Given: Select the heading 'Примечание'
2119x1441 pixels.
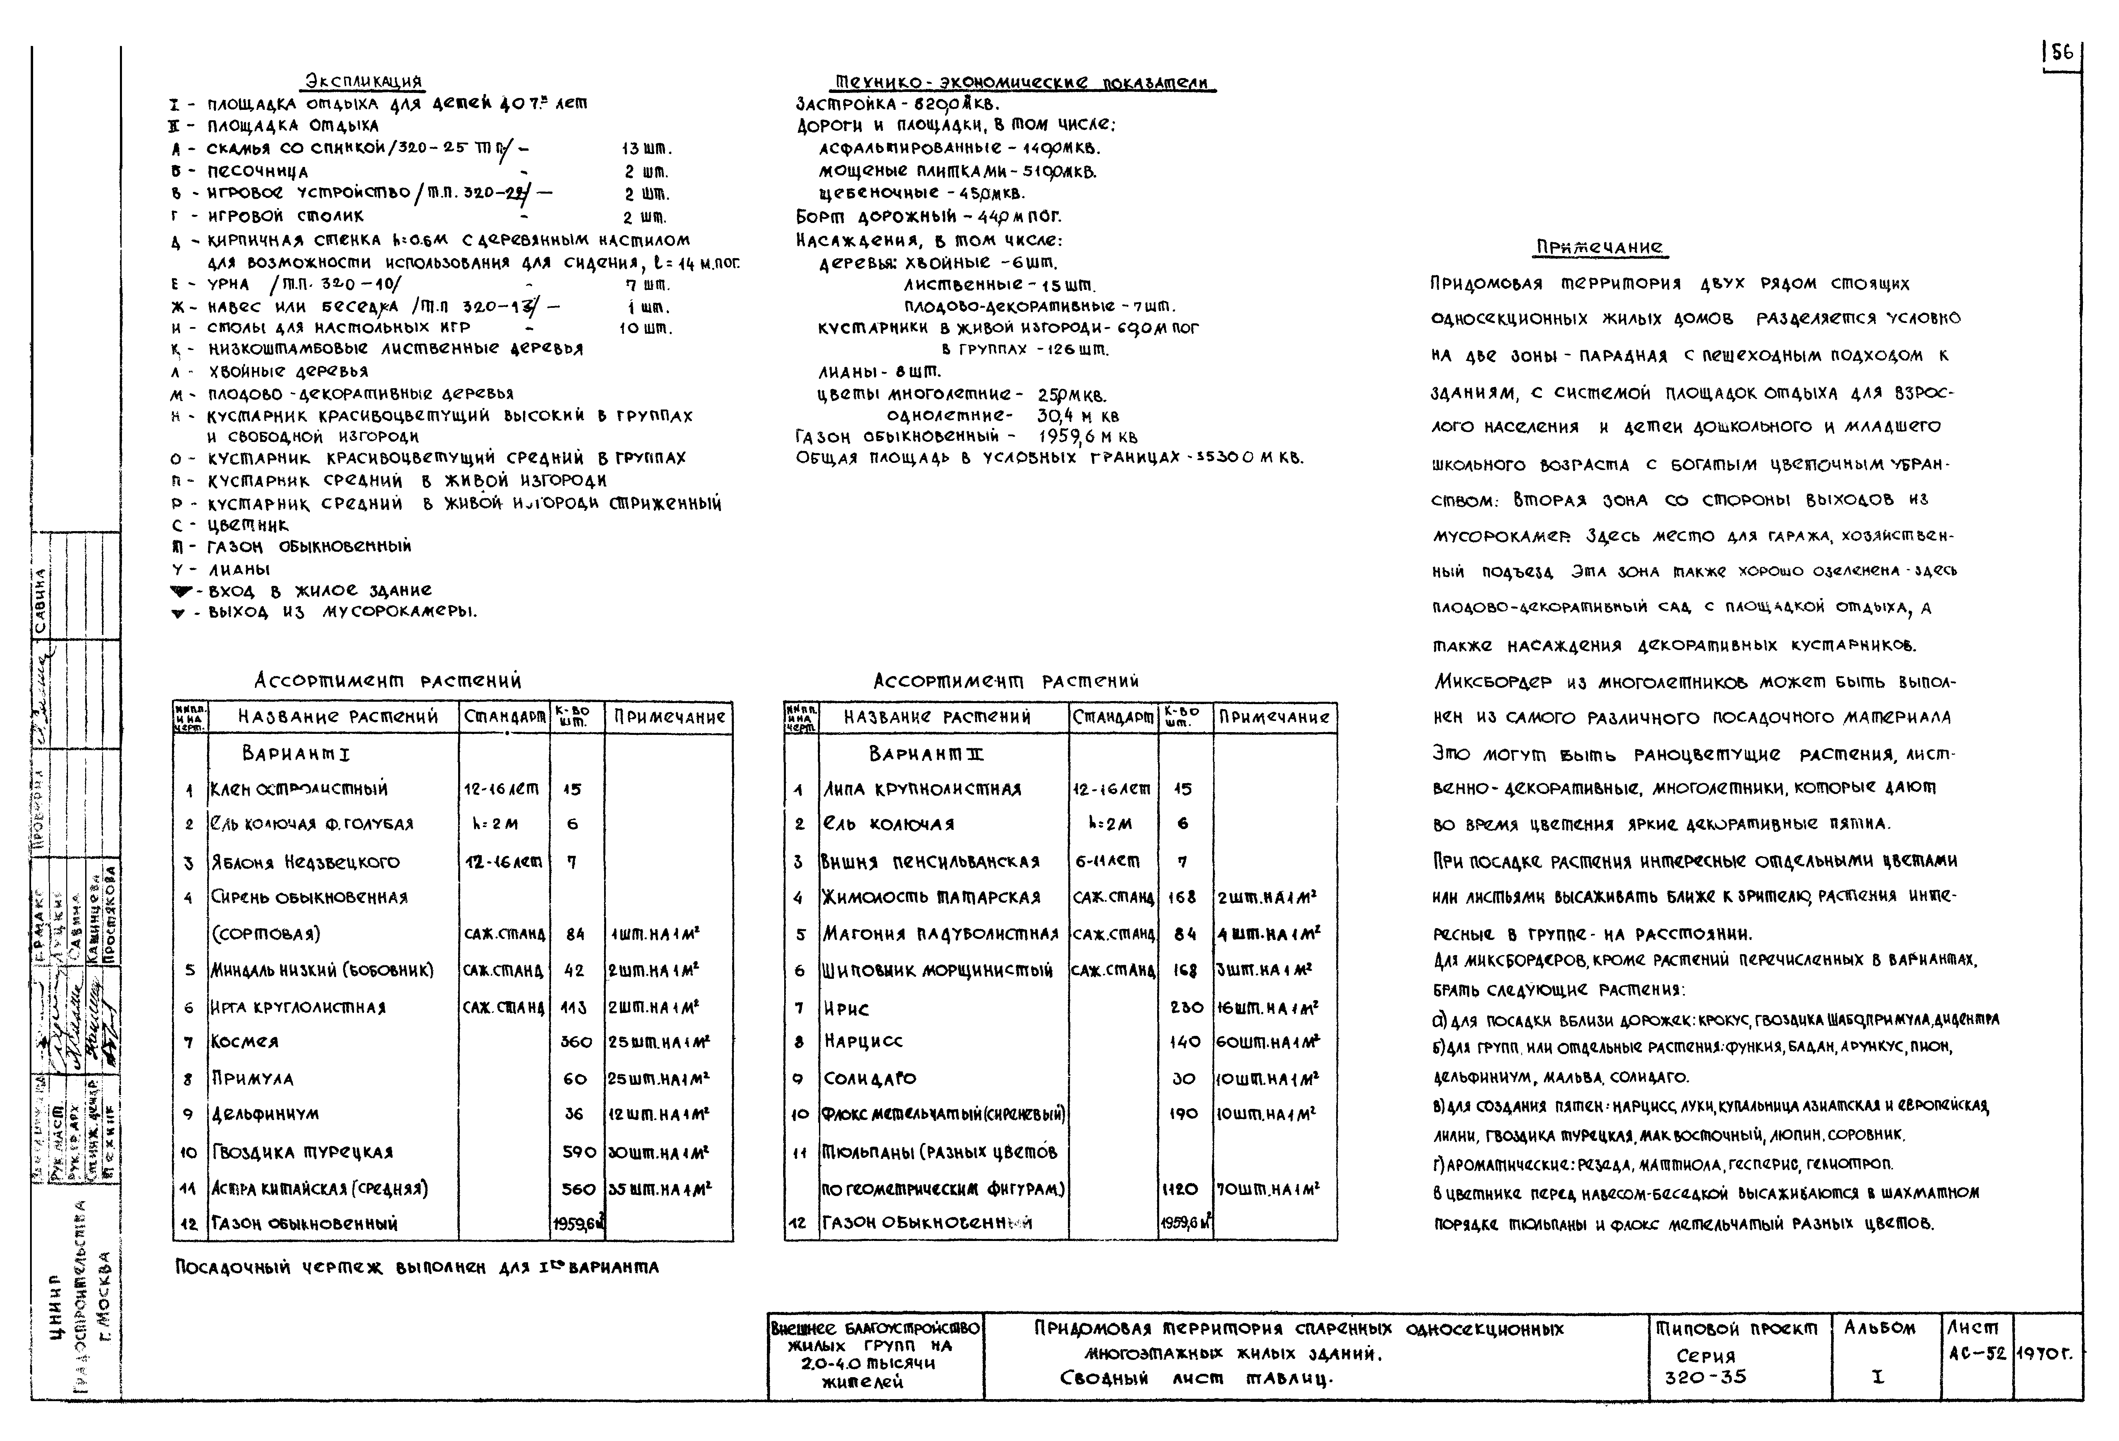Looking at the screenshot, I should [x=1599, y=247].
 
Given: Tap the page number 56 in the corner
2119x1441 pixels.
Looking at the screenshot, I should [x=2062, y=53].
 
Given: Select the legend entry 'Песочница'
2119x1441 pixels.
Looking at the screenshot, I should [x=258, y=171].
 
